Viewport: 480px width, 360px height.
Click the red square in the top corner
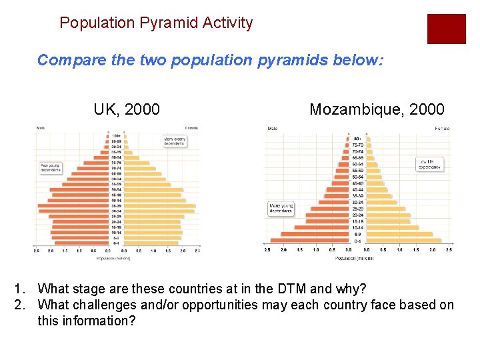point(446,29)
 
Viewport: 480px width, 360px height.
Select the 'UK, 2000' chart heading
point(127,109)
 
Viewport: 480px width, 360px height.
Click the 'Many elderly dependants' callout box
point(175,141)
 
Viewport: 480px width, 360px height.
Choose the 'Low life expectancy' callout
point(429,164)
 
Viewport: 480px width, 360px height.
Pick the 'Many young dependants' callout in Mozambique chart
point(281,209)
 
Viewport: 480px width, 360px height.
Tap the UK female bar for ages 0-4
point(151,243)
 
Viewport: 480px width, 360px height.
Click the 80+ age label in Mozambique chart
point(357,139)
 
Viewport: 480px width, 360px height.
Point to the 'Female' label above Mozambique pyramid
point(441,128)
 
